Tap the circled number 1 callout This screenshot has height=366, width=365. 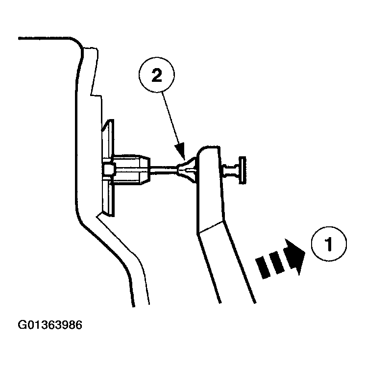click(329, 244)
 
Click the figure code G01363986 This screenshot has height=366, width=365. click(49, 325)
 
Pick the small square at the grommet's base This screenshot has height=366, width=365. click(109, 170)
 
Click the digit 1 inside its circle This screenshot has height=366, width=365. click(329, 244)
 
